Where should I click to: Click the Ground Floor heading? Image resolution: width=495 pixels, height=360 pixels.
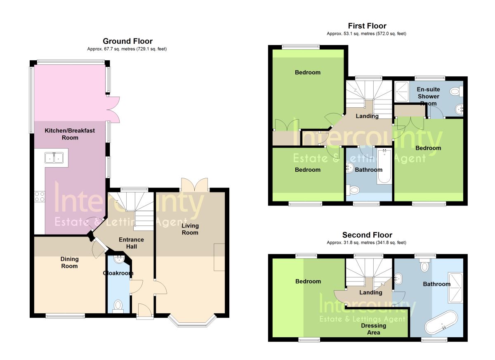click(127, 41)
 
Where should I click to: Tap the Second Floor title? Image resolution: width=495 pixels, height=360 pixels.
click(367, 235)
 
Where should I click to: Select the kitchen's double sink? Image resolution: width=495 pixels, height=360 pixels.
click(54, 158)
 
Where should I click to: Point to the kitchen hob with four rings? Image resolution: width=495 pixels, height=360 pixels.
click(40, 197)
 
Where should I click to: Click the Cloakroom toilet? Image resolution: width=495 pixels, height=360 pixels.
click(118, 306)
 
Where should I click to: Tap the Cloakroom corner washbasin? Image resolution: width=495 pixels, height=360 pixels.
click(119, 259)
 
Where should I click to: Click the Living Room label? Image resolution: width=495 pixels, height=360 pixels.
click(190, 229)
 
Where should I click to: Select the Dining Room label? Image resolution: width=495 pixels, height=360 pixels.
click(70, 263)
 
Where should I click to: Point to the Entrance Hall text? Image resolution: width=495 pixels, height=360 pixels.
click(131, 243)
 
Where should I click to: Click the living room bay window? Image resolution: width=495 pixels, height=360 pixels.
click(192, 322)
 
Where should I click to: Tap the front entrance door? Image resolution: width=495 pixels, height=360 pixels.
click(145, 312)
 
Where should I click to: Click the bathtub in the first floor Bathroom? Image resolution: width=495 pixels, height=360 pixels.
click(384, 166)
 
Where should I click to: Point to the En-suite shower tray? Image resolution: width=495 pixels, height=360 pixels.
click(402, 92)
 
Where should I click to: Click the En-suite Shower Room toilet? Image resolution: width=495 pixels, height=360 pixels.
click(456, 91)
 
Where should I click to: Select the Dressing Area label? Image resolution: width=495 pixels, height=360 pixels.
click(373, 329)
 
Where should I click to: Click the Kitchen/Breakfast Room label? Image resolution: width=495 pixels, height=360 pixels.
click(70, 134)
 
